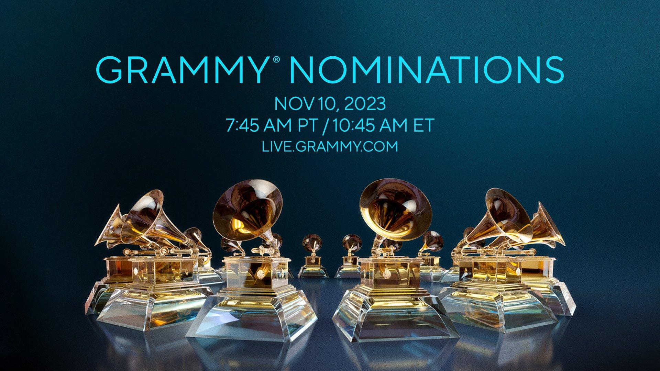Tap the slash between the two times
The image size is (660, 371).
323,125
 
